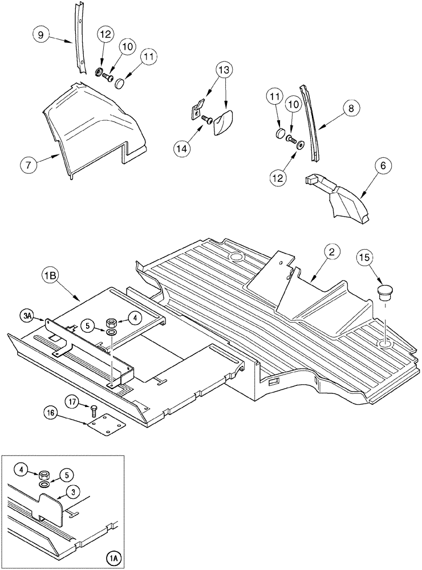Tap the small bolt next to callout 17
pos(93,408)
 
